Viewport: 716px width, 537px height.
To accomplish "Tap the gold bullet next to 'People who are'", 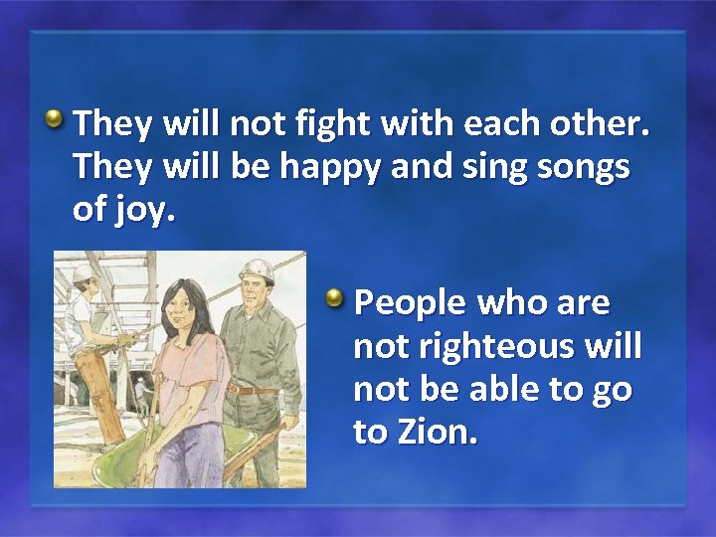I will click(x=338, y=298).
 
